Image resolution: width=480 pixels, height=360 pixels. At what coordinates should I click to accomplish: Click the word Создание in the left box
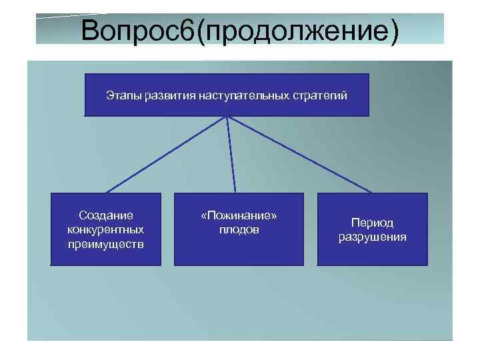[105, 215]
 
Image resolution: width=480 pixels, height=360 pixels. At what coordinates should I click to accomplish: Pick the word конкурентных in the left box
[105, 229]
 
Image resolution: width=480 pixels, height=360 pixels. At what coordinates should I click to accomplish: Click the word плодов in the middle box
[239, 229]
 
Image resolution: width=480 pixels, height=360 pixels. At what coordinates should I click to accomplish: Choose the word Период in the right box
[372, 223]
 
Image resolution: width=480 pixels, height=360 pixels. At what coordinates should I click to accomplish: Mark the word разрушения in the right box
[372, 237]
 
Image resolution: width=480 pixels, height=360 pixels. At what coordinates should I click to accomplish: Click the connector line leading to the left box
[167, 155]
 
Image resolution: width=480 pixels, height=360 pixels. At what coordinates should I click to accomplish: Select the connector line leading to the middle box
[233, 155]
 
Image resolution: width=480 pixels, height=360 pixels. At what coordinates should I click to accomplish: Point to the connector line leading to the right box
[300, 155]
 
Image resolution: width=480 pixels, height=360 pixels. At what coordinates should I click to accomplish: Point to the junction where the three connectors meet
[228, 117]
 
